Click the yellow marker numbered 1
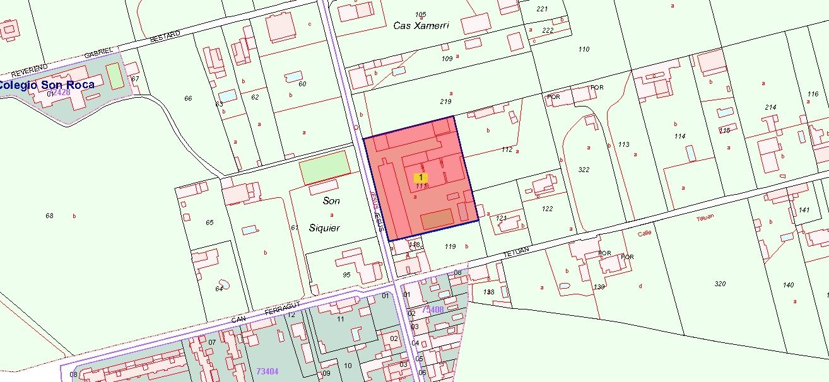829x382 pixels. [x=421, y=178]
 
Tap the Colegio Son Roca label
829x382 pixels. [x=47, y=84]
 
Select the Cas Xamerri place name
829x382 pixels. [x=421, y=26]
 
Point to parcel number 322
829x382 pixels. [x=584, y=170]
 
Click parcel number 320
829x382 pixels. [x=720, y=284]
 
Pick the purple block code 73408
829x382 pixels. [x=433, y=310]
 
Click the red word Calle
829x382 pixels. [x=644, y=233]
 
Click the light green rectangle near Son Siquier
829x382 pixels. [x=324, y=167]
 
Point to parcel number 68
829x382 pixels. [x=50, y=216]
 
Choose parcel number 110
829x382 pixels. [x=584, y=49]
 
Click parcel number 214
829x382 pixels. [x=770, y=107]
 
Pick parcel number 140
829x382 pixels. [x=789, y=285]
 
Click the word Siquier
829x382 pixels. [x=325, y=228]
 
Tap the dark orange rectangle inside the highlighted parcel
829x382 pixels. [x=437, y=219]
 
